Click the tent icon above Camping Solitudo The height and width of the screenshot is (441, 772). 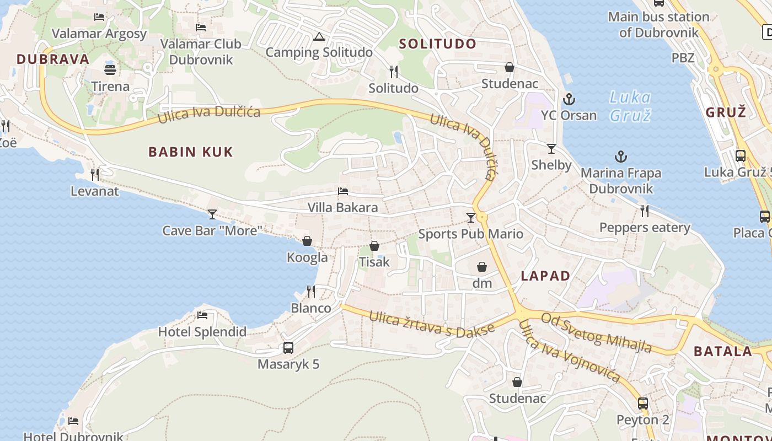[319, 37]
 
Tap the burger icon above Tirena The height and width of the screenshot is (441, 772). [110, 70]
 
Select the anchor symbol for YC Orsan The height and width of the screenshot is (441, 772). [569, 100]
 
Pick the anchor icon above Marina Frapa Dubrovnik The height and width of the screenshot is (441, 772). [621, 157]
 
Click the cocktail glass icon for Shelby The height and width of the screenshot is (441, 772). [551, 149]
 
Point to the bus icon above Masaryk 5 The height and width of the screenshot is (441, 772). [288, 348]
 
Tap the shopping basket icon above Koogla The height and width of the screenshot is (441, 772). [307, 241]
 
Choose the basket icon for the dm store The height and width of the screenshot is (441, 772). [482, 267]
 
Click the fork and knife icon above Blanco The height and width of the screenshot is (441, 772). [311, 292]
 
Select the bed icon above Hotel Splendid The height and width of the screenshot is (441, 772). [202, 315]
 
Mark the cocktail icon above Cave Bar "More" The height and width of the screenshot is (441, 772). [212, 214]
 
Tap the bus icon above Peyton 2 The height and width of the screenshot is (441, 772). [643, 404]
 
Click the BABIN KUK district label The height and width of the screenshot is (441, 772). [191, 152]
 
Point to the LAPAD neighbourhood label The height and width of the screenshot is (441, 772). [545, 276]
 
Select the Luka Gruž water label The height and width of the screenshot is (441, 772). [630, 106]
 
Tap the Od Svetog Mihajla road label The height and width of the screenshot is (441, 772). [596, 332]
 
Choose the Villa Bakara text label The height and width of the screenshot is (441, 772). [343, 207]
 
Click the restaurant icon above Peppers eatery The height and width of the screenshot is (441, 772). [645, 211]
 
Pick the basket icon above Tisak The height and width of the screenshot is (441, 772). [374, 246]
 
